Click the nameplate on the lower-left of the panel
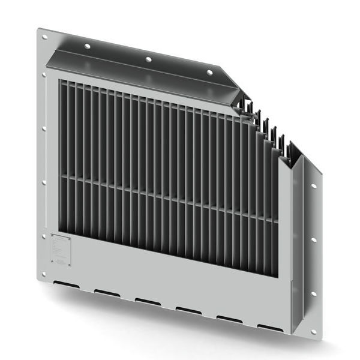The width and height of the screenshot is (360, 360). [x=61, y=249]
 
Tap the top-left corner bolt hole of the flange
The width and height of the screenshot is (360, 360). [x=44, y=37]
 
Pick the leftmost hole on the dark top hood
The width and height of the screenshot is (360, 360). [x=88, y=46]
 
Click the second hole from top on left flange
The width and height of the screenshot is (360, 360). [x=43, y=75]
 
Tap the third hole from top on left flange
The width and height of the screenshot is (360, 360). [x=43, y=128]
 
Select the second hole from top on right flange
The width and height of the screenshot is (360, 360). [x=313, y=240]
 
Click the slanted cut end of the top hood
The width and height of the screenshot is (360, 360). [x=231, y=84]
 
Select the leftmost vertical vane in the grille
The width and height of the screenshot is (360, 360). [x=62, y=156]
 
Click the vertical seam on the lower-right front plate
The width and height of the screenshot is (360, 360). [x=291, y=300]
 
